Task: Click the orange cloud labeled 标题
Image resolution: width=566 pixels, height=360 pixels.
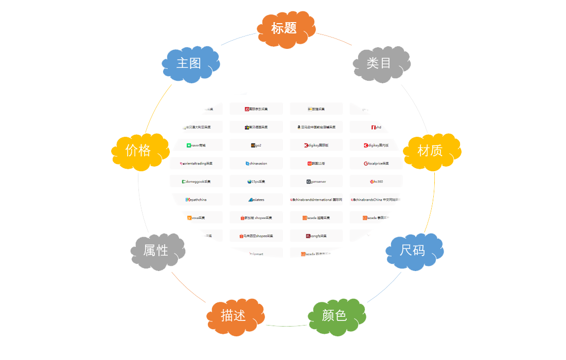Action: click(286, 29)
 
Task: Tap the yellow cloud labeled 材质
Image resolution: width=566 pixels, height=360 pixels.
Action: click(431, 151)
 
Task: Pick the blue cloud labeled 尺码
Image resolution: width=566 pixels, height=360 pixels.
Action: click(414, 251)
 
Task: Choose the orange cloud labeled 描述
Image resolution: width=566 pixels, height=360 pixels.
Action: click(235, 316)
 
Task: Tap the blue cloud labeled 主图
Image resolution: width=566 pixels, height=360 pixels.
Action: click(190, 64)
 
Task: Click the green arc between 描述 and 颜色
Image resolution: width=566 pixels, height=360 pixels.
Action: click(286, 326)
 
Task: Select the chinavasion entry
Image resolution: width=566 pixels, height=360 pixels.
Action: click(257, 164)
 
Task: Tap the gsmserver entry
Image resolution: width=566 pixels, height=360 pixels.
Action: click(316, 182)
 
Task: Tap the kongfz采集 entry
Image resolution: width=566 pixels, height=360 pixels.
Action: click(316, 236)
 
